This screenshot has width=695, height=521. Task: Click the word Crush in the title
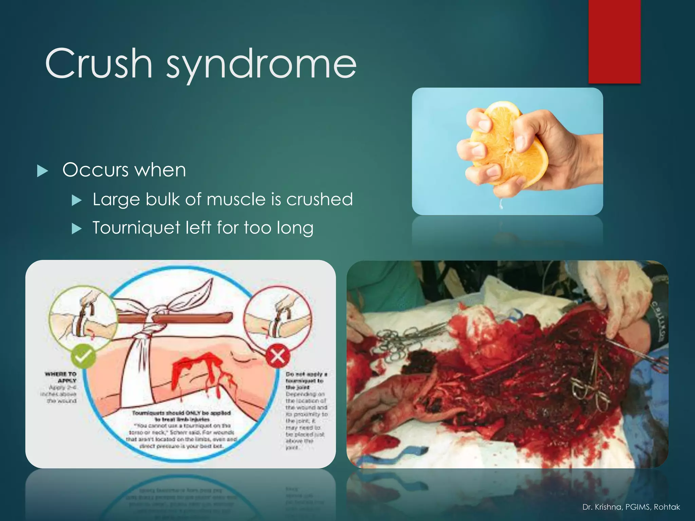(x=98, y=63)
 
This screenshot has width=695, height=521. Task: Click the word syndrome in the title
(x=261, y=64)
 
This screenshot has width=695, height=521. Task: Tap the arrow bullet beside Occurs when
(x=42, y=171)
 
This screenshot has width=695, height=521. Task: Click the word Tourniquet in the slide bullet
(x=136, y=228)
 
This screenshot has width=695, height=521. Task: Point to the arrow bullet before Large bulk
(x=77, y=200)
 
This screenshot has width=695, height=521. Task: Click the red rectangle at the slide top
(x=614, y=41)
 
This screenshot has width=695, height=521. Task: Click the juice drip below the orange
(x=501, y=204)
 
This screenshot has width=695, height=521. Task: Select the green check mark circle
(x=83, y=356)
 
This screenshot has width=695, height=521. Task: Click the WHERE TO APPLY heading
(x=61, y=377)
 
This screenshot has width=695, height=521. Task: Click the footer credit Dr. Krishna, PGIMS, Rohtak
(x=631, y=507)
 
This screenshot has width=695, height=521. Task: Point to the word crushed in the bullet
(x=319, y=199)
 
